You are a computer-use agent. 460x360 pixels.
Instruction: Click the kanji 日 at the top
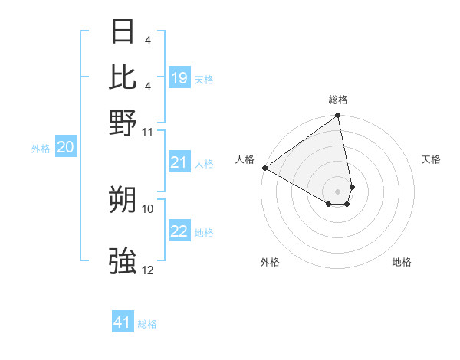123,32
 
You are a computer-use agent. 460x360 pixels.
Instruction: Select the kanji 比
123,77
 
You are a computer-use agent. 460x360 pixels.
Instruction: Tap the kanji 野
123,123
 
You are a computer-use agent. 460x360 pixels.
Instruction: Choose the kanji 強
123,261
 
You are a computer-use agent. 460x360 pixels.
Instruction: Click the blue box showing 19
179,78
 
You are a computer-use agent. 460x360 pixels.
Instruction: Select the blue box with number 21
179,162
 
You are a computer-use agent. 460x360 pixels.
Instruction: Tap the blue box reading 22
179,231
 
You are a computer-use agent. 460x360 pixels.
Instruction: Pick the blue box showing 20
65,148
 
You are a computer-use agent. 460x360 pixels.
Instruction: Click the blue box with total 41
123,322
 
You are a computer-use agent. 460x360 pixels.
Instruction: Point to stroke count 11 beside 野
148,133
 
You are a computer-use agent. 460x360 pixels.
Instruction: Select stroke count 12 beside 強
148,270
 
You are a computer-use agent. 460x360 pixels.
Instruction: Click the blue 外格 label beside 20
41,149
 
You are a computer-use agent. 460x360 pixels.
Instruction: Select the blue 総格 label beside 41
147,324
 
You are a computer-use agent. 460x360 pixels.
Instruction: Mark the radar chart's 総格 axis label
338,100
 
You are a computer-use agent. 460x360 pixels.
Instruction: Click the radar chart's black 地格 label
402,263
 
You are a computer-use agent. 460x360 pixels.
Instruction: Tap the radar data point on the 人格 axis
264,168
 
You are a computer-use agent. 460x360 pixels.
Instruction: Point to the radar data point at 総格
337,116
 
